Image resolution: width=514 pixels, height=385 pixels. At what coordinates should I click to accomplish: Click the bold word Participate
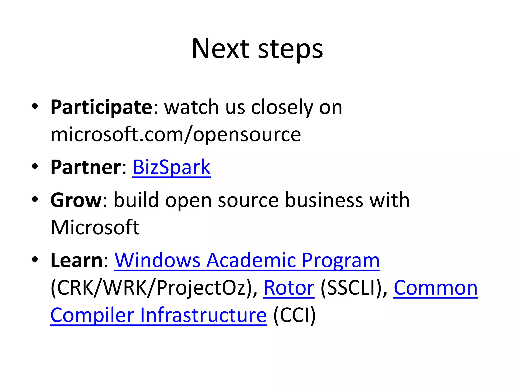pos(101,107)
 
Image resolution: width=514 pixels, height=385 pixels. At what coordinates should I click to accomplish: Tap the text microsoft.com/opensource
pos(176,135)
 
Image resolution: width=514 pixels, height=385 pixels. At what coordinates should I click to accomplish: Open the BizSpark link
pos(171,167)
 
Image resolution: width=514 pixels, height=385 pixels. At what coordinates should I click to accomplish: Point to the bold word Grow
pos(76,200)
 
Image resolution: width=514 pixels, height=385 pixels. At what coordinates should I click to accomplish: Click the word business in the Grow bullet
pos(324,200)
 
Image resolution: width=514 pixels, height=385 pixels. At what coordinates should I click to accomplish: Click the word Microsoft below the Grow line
pos(95,227)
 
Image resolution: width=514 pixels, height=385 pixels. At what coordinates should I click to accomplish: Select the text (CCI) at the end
pos(294,315)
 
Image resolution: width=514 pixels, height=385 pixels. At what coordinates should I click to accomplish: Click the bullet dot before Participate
pos(35,106)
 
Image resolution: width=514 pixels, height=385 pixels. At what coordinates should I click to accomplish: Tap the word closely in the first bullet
pos(282,107)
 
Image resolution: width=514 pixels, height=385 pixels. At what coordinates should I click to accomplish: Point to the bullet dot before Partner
pos(35,166)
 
